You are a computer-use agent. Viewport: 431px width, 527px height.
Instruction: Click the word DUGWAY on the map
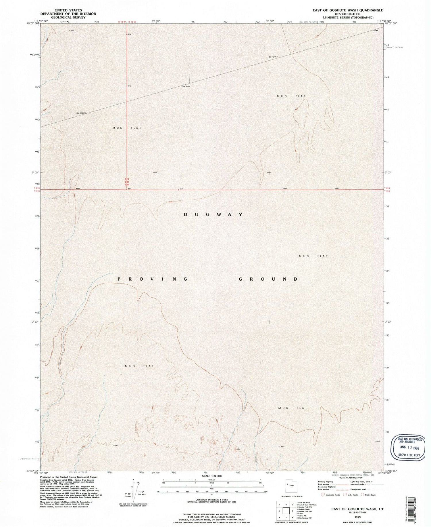[x=213, y=214]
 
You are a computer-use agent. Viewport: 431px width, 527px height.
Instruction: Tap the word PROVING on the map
[x=153, y=279]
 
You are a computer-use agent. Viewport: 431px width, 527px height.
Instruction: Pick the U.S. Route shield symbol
[x=345, y=495]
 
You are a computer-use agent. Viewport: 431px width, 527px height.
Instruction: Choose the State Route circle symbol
[x=363, y=495]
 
